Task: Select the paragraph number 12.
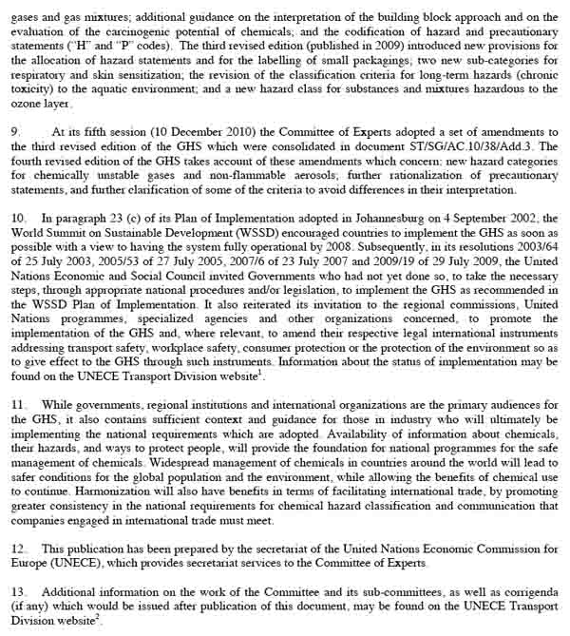click(x=17, y=549)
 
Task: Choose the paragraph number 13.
click(x=17, y=592)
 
